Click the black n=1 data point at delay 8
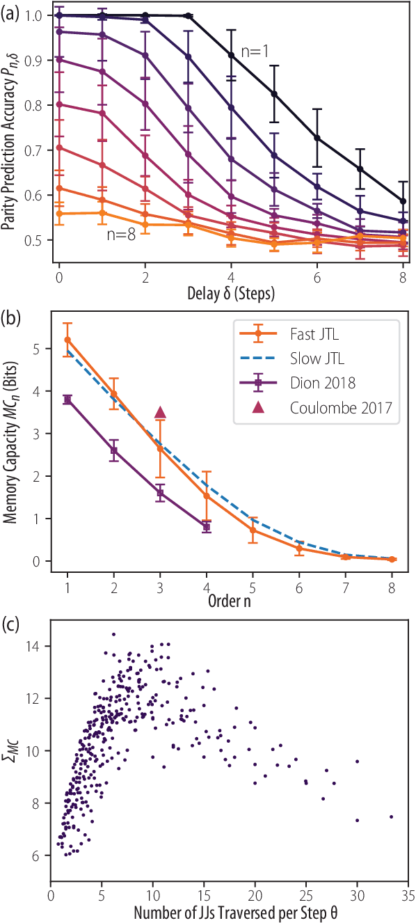(x=404, y=201)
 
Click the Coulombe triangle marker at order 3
(x=160, y=413)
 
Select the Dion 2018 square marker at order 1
(x=67, y=400)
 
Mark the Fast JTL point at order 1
(x=67, y=340)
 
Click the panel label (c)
(x=11, y=624)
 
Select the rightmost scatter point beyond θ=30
(x=391, y=816)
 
